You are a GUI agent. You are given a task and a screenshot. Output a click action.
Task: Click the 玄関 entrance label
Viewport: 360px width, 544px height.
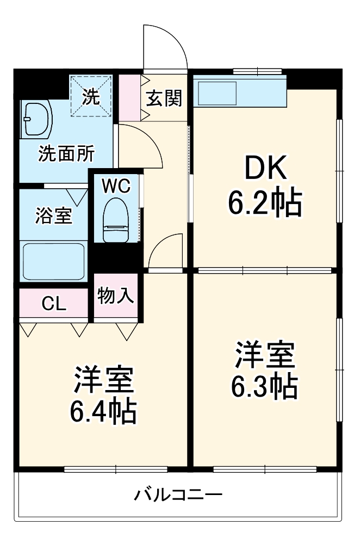[x=164, y=99]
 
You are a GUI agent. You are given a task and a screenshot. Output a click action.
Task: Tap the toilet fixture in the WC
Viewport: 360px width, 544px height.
[x=115, y=220]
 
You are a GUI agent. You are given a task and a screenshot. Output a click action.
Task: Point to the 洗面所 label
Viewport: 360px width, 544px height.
[x=65, y=154]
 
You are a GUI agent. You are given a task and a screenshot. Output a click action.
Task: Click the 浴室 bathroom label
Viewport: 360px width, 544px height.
[x=53, y=215]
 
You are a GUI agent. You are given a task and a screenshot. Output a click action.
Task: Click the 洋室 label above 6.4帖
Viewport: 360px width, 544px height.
[x=103, y=380]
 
